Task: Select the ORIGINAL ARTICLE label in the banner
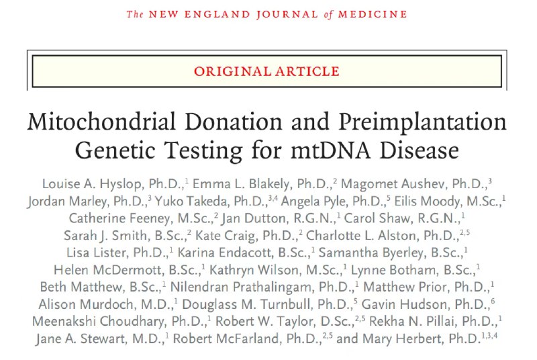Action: tap(266, 71)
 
